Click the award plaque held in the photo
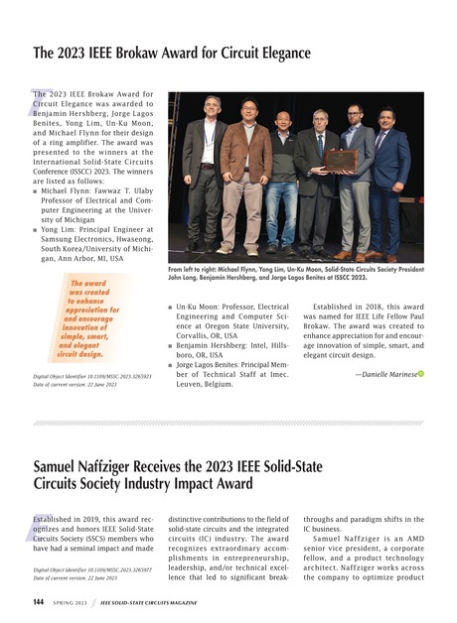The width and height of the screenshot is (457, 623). pos(341,160)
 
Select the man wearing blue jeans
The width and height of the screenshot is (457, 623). pos(282,179)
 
